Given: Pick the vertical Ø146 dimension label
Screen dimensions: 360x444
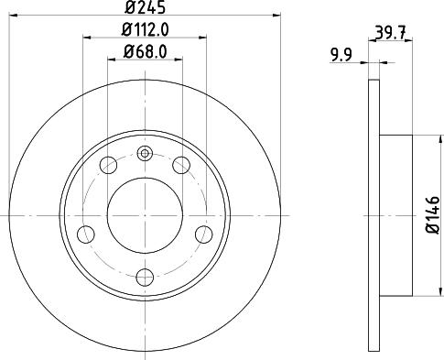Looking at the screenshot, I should click(434, 215).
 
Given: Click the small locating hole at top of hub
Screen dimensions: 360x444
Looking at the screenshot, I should click(144, 154).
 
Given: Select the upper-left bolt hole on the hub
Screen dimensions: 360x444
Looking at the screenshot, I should click(108, 166).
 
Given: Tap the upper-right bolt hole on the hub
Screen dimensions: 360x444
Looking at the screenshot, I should click(181, 166).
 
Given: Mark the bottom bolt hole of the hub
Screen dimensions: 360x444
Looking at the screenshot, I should click(144, 276).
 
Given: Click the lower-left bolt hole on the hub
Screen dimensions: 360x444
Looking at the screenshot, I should click(85, 234).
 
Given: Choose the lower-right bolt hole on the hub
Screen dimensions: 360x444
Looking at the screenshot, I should click(203, 234).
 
